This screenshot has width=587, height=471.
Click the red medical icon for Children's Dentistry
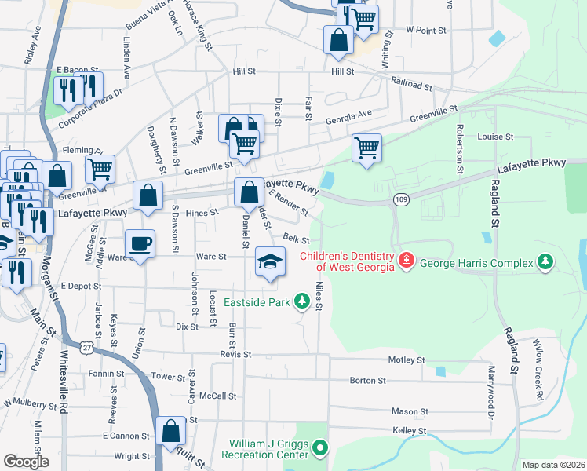click(x=406, y=260)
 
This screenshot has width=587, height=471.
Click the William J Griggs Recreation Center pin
click(x=319, y=449)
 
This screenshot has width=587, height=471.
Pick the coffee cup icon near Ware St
click(x=140, y=243)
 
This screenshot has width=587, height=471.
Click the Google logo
click(x=26, y=461)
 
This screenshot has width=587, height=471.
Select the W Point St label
click(x=425, y=29)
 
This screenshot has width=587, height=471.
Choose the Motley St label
click(x=406, y=360)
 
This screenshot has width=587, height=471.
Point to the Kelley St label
click(x=409, y=431)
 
